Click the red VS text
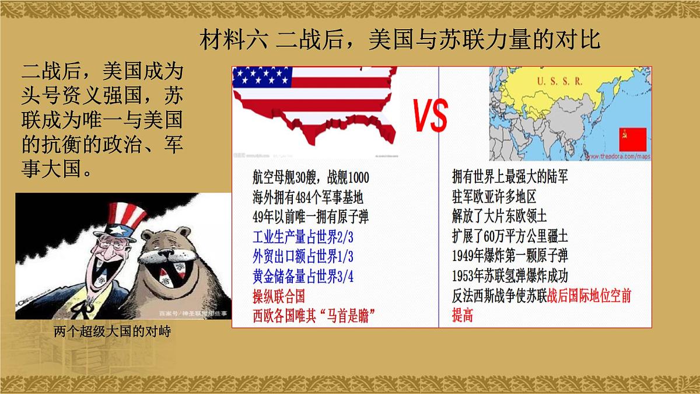[431, 116]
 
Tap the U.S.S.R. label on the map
[559, 82]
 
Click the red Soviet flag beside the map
[633, 141]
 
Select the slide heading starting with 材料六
[400, 41]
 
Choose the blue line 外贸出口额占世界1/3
[303, 257]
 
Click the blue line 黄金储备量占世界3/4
[303, 276]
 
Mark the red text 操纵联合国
[278, 296]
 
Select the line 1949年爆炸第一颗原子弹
[510, 256]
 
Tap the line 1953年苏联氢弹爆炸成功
[510, 276]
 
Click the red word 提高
[463, 316]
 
